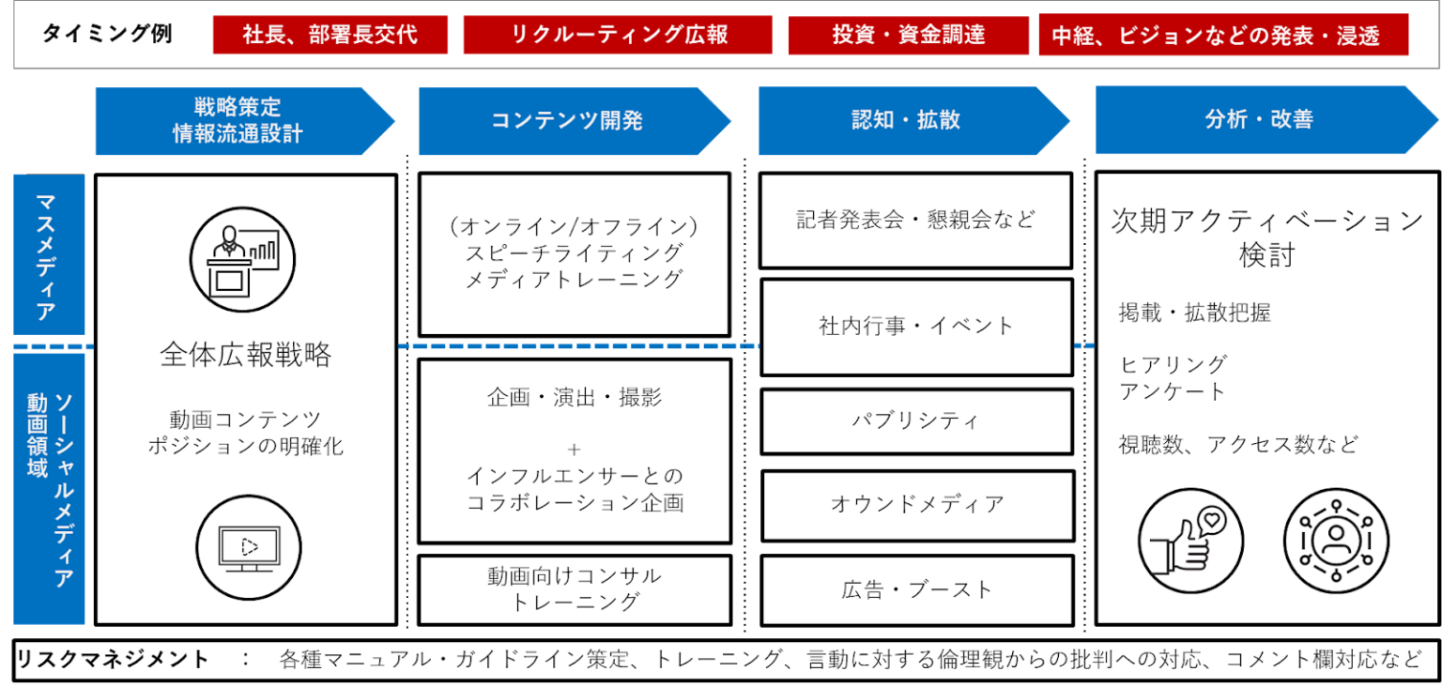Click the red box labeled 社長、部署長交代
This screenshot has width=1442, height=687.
coord(330,35)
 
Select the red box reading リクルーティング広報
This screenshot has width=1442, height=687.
coord(618,35)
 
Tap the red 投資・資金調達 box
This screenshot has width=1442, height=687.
coord(909,35)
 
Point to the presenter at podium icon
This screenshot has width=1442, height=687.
coord(243,260)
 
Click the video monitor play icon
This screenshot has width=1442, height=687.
coord(249,547)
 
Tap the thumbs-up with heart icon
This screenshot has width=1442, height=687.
coord(1190,541)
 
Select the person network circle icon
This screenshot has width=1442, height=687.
coord(1337,541)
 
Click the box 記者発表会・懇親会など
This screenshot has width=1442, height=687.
coord(916,221)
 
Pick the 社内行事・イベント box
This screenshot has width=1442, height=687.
coord(916,327)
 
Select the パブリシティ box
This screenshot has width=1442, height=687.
coord(916,421)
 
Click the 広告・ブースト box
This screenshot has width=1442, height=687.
coord(917,590)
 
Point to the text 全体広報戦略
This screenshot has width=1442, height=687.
coord(245,355)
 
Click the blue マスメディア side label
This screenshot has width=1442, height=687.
coord(49,254)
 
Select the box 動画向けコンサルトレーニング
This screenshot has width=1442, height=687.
coord(575,589)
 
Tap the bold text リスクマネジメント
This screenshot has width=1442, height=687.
coord(112,660)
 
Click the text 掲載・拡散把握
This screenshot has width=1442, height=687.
coord(1195,313)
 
